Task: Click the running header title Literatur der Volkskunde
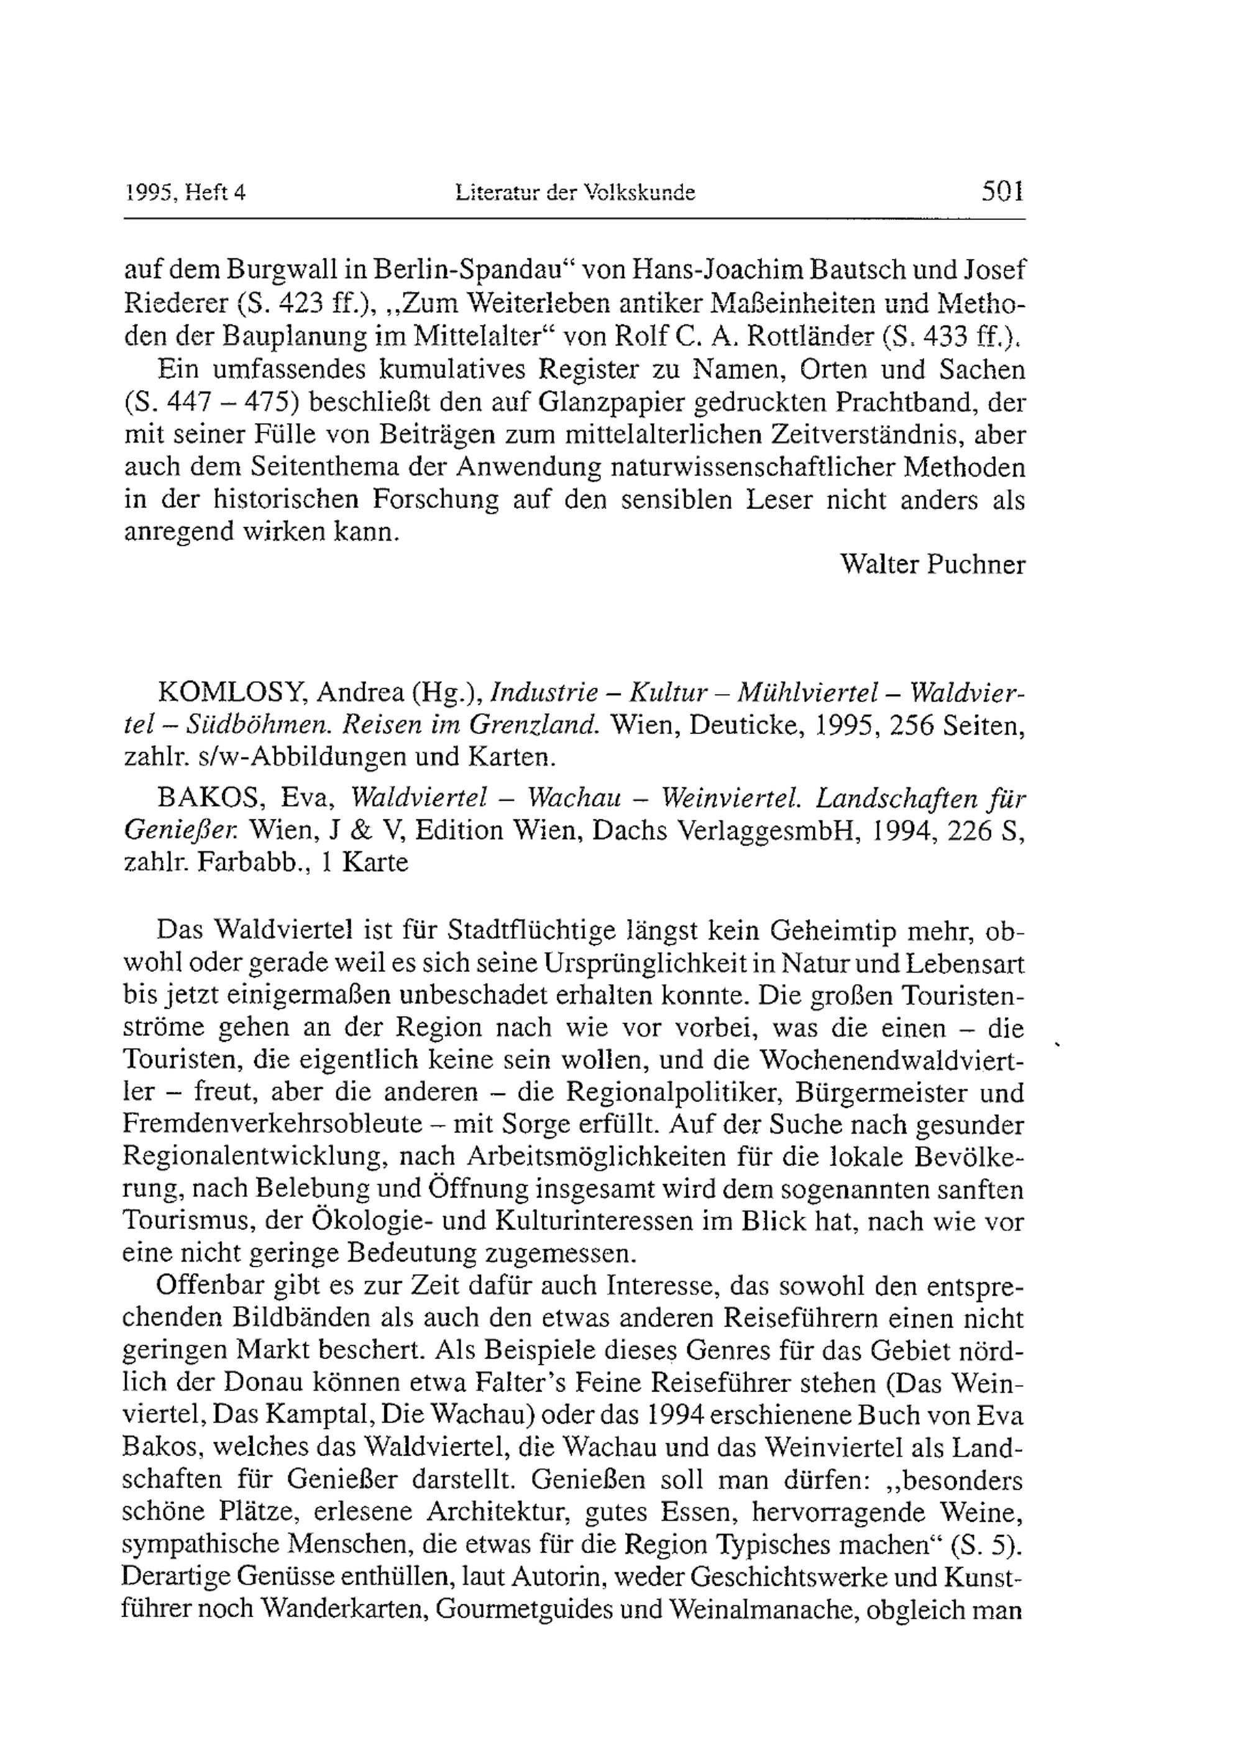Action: click(x=575, y=193)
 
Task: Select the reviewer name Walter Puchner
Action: click(x=932, y=564)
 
